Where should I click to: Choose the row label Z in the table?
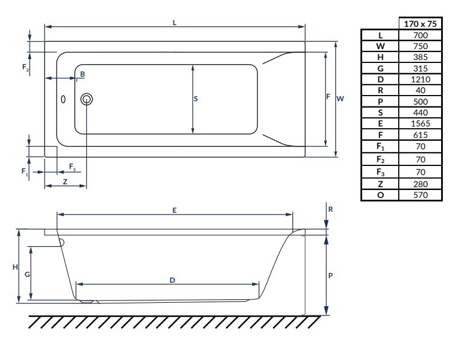(380, 184)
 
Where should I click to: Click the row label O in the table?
(380, 195)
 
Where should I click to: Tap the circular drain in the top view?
(86, 99)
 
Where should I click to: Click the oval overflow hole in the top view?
(64, 99)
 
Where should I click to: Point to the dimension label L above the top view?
(174, 22)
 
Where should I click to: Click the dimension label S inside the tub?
(196, 98)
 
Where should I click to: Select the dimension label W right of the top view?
(340, 98)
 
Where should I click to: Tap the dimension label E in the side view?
(174, 210)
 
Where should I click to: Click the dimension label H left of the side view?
(15, 267)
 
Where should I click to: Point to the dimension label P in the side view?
(331, 275)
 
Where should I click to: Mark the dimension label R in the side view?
(331, 209)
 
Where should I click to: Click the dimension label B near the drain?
(82, 74)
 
